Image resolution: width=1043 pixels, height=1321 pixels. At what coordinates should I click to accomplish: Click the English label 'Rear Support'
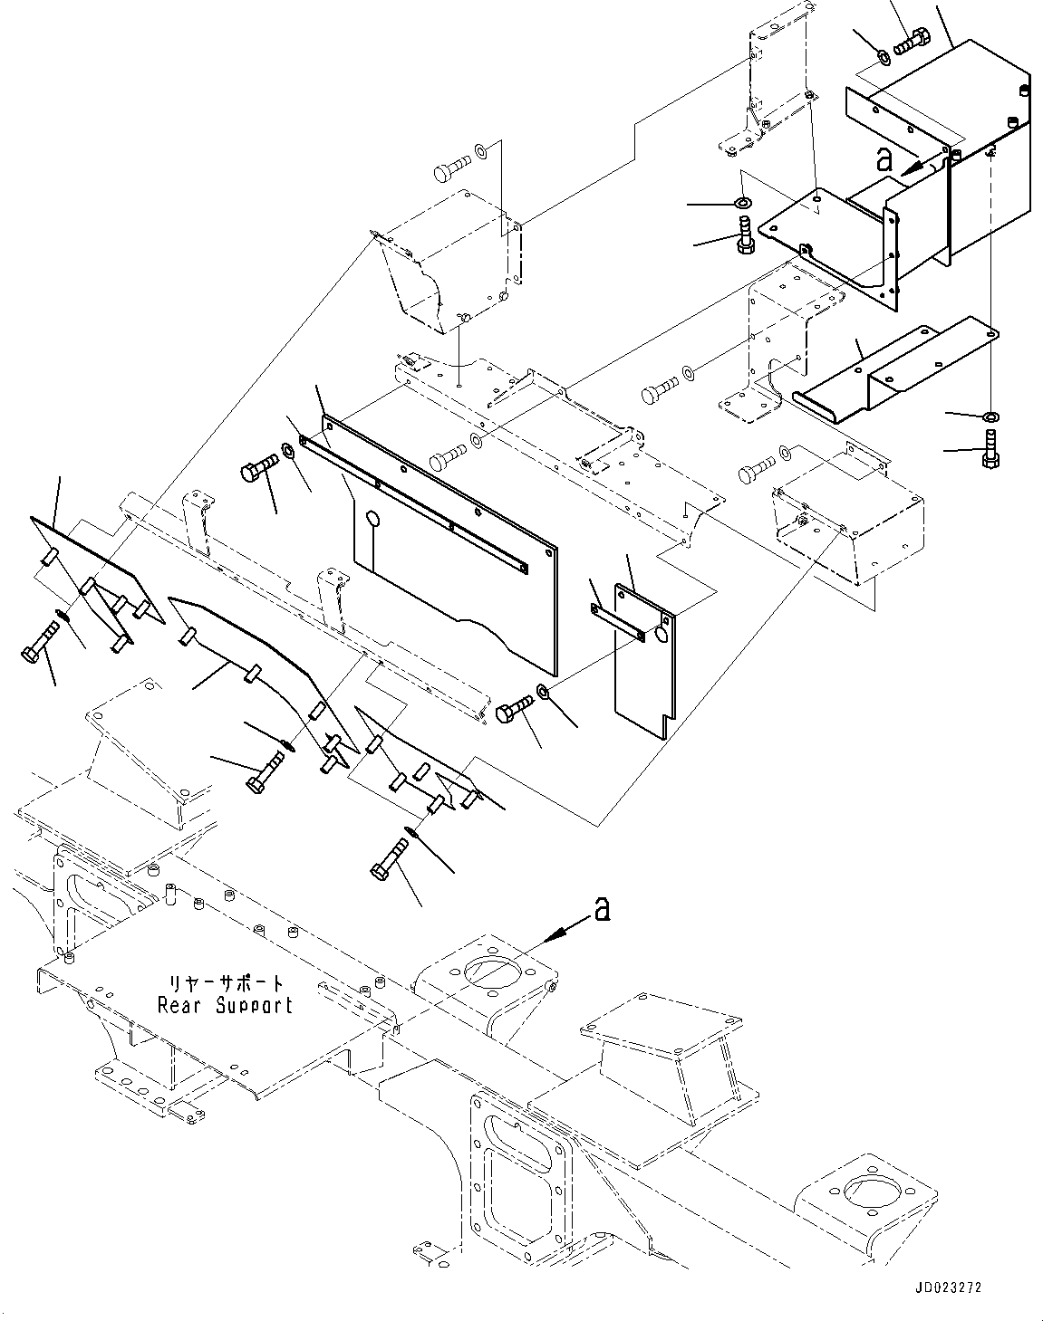click(x=225, y=1004)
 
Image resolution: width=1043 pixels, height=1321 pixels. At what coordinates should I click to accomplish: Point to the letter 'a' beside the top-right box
click(x=884, y=160)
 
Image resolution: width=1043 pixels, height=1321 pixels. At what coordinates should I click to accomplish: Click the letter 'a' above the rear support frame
click(x=600, y=909)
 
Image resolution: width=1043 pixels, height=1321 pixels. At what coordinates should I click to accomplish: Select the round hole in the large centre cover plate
click(x=372, y=520)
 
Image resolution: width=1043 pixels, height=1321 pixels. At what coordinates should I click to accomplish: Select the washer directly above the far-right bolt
click(x=990, y=416)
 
